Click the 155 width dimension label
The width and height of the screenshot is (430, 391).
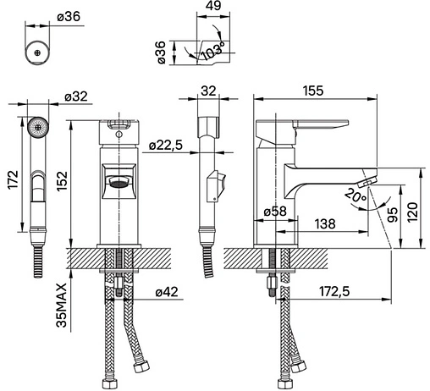pos(313,91)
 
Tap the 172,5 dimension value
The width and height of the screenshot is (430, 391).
pos(334,291)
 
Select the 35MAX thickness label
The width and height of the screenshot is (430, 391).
pos(62,305)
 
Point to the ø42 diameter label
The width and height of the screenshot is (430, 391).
pos(167,292)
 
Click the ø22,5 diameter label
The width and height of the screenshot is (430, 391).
pos(166,146)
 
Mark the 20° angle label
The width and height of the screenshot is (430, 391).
pos(356,195)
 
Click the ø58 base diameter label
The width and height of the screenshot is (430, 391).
pos(275,212)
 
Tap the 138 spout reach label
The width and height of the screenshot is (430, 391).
pos(325,224)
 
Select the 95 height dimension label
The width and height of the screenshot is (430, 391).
pos(392,214)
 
